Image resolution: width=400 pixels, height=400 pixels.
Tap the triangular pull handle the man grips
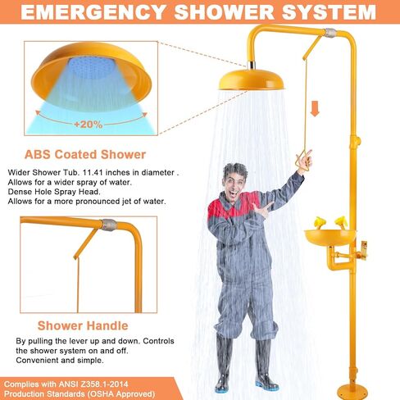pos(305,157)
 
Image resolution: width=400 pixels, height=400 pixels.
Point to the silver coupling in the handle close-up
pos(106,224)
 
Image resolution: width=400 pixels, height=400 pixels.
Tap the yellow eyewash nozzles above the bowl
pos(326,220)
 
